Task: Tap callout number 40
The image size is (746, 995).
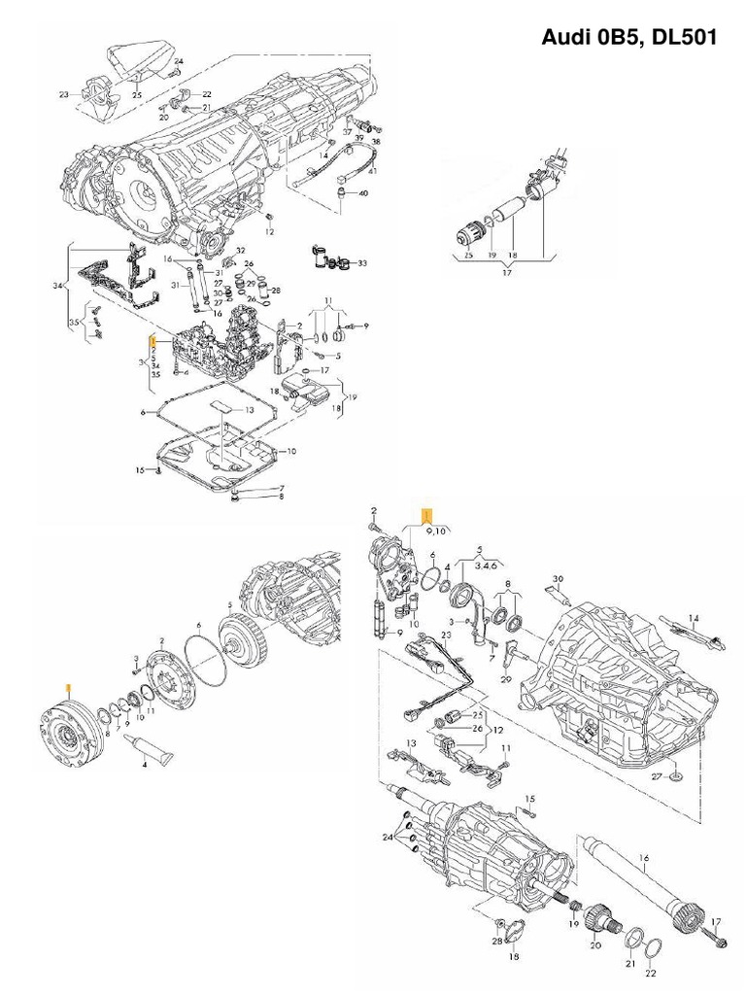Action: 363,193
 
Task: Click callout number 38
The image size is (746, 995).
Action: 376,141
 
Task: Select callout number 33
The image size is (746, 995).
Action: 362,263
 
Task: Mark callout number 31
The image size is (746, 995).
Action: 177,285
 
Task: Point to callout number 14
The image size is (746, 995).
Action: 694,618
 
